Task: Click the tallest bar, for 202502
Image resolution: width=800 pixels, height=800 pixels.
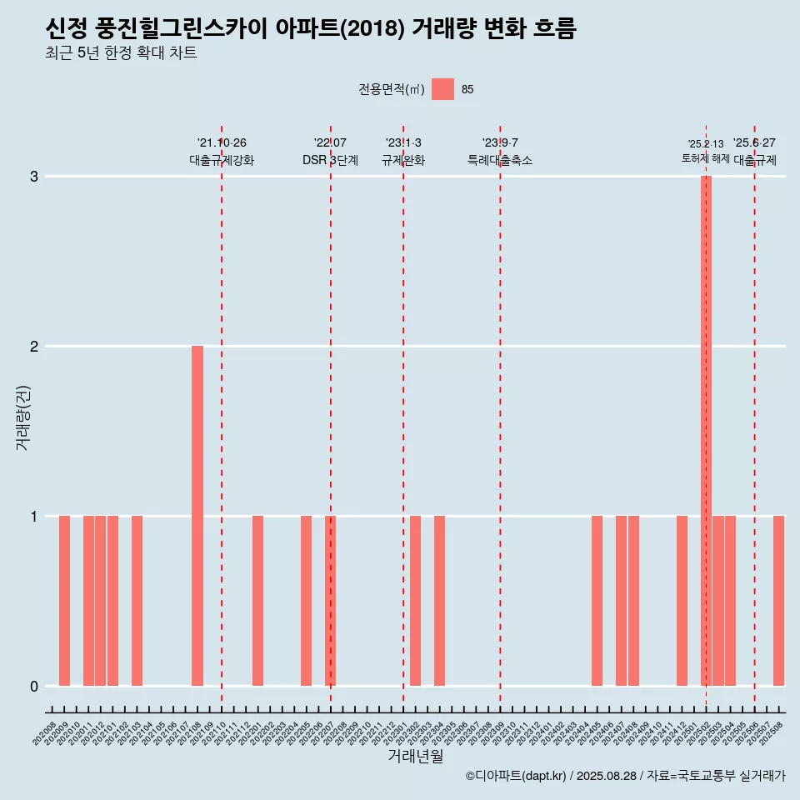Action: click(x=706, y=431)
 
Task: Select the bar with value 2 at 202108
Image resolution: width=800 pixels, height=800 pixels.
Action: click(x=197, y=516)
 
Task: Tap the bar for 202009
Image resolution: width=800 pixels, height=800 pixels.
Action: click(x=64, y=601)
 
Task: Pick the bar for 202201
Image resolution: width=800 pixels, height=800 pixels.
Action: click(x=258, y=601)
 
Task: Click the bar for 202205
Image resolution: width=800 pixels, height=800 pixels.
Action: click(x=307, y=601)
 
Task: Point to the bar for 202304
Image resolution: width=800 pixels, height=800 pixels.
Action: click(x=439, y=601)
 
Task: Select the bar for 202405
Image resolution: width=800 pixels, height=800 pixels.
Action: click(x=597, y=601)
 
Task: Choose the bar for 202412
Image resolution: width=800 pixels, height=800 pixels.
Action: click(x=682, y=601)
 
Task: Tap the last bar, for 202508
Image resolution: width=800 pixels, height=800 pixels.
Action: click(x=778, y=601)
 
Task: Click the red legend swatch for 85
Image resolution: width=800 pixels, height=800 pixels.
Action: click(x=442, y=89)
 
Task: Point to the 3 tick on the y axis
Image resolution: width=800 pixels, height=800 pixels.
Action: click(x=34, y=177)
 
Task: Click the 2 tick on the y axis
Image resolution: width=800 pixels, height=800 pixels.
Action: click(x=34, y=347)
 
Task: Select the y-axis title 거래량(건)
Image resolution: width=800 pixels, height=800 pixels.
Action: click(x=23, y=417)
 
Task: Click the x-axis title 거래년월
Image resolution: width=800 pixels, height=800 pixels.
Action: click(x=415, y=756)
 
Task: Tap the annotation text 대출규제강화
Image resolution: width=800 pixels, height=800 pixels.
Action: click(x=222, y=161)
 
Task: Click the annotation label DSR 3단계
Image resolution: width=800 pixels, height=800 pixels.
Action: click(x=330, y=161)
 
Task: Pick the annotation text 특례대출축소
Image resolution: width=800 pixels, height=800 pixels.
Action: click(x=500, y=161)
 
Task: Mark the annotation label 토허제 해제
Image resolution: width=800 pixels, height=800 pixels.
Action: click(x=706, y=158)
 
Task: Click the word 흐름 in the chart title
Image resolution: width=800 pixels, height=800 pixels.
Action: click(x=552, y=29)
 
